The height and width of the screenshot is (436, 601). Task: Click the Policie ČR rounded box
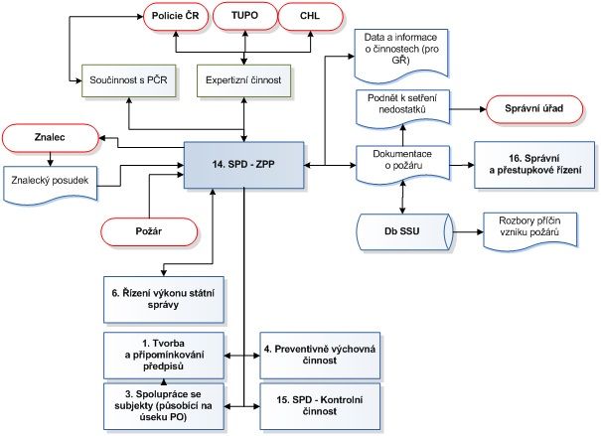click(175, 17)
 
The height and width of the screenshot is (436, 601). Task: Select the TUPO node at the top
click(242, 17)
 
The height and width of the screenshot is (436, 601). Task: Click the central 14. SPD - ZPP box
click(242, 162)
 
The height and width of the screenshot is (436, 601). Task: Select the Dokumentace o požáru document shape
click(401, 161)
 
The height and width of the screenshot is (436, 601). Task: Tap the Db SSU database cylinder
click(401, 230)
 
